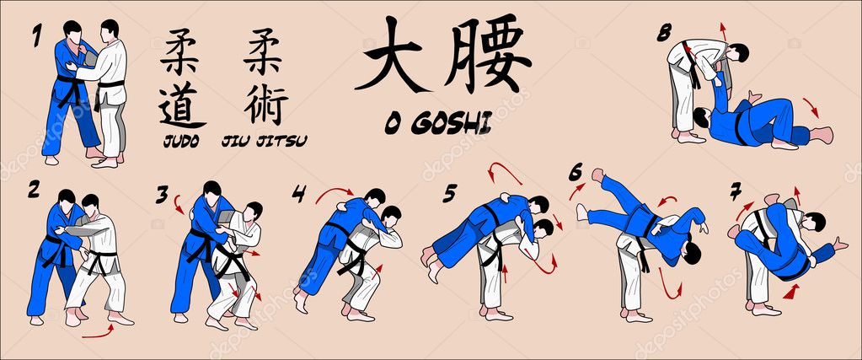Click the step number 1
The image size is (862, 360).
36,35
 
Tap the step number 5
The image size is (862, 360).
450,193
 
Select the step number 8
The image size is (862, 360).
664,33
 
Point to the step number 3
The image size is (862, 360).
162,194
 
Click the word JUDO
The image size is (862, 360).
181,142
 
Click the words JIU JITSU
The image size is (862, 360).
264,142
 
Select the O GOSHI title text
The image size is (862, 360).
438,125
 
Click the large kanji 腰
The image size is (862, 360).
488,54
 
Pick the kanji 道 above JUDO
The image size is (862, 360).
181,105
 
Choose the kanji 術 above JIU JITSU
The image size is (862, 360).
266,105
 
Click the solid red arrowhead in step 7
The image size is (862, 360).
791,292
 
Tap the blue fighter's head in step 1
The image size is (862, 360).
72,31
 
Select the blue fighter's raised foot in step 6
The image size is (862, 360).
598,175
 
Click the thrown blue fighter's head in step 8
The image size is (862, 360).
701,116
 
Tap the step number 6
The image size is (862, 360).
575,173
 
